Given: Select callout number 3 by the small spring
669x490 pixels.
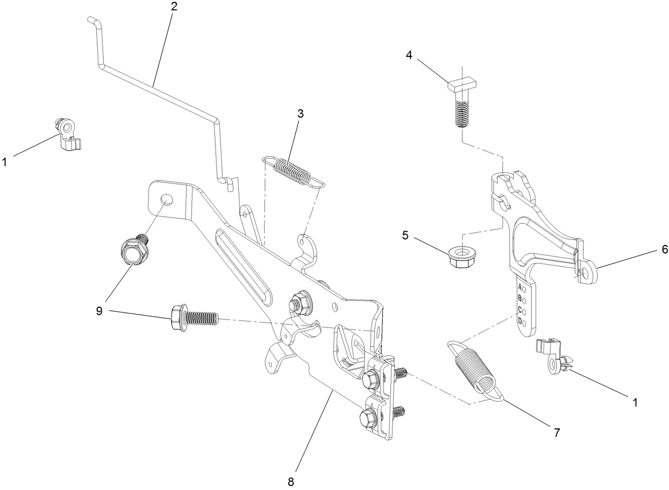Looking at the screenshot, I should click(x=300, y=113).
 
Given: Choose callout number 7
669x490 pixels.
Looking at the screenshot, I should click(x=557, y=432).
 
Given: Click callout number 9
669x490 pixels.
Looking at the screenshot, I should click(x=99, y=311).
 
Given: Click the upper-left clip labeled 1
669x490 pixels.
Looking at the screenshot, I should click(x=68, y=136).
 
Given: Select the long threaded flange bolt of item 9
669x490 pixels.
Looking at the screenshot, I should click(x=193, y=317).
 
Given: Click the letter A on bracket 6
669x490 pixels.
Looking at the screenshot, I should click(x=520, y=286).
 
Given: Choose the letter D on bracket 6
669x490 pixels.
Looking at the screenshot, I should click(x=520, y=320).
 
